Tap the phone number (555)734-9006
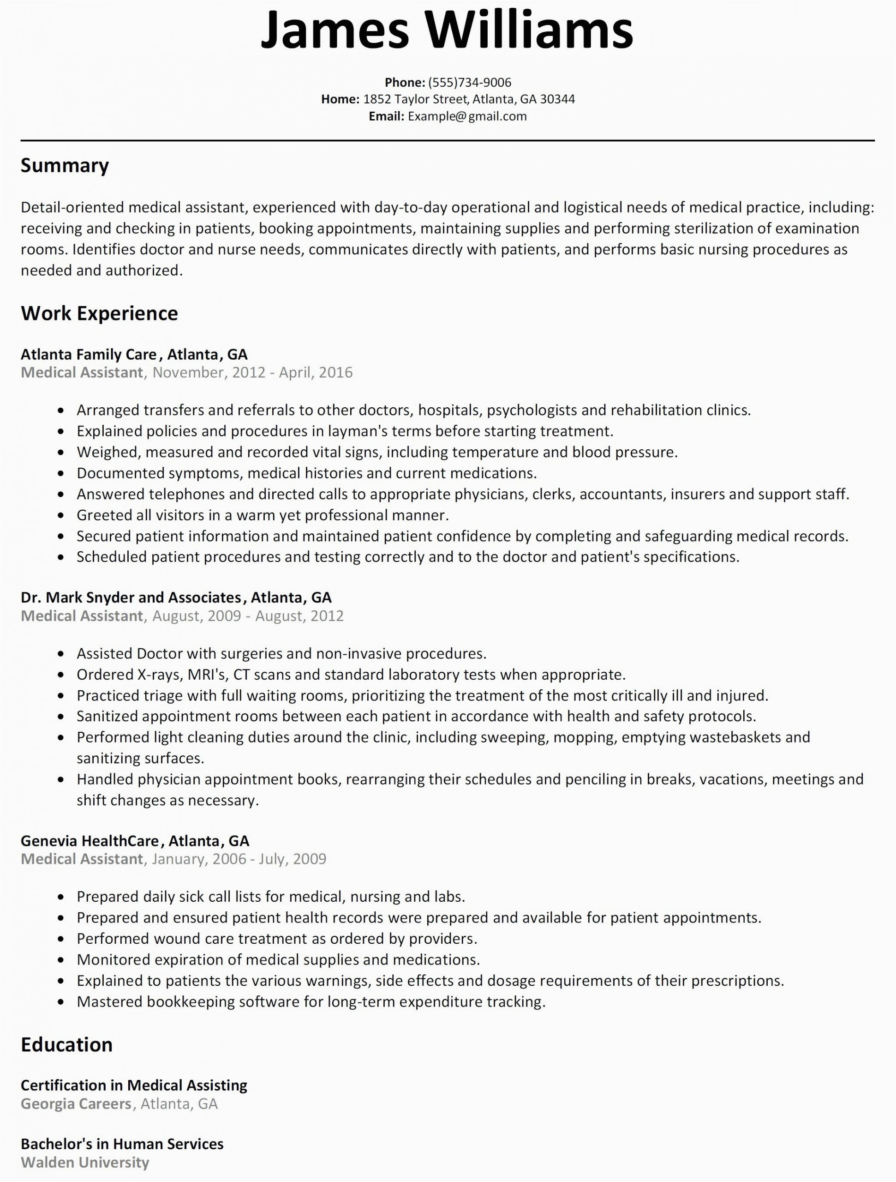[469, 82]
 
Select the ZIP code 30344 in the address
[557, 99]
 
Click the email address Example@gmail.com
[467, 116]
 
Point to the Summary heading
[65, 166]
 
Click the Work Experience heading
[99, 313]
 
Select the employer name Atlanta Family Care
[89, 354]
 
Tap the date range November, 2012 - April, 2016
[252, 373]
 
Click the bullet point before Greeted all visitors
[62, 516]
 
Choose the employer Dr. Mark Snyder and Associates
[131, 597]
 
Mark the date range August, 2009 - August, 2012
[248, 616]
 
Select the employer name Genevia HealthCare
[90, 841]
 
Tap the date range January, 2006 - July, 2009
[239, 859]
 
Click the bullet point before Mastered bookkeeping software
[62, 1002]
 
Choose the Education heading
[67, 1045]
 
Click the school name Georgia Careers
[76, 1104]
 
